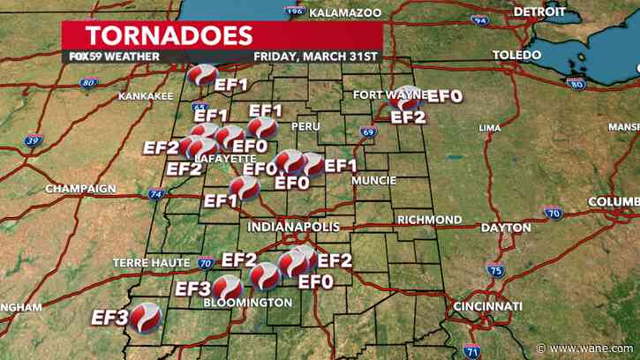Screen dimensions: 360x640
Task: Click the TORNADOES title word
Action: pyautogui.click(x=168, y=36)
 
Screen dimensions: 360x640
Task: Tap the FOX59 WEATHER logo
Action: pyautogui.click(x=114, y=56)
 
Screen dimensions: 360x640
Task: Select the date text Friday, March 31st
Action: pyautogui.click(x=315, y=56)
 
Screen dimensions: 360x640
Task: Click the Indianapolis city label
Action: pyautogui.click(x=293, y=227)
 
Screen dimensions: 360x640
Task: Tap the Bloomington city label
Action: pyautogui.click(x=247, y=303)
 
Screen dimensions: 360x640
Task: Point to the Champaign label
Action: pyautogui.click(x=80, y=189)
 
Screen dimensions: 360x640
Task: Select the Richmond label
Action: pyautogui.click(x=429, y=219)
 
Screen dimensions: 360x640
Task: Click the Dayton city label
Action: pyautogui.click(x=506, y=228)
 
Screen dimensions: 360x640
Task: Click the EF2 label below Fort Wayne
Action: pyautogui.click(x=408, y=116)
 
